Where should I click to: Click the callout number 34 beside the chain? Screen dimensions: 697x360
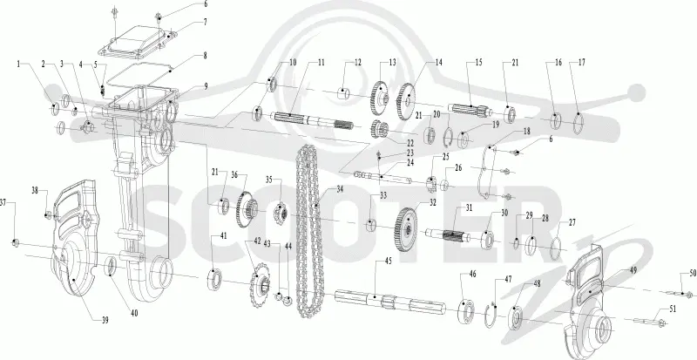tap(340, 189)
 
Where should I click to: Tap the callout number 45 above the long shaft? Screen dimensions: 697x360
tap(388, 261)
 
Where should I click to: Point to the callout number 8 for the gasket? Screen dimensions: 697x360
tap(205, 56)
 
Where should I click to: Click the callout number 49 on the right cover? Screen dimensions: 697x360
tap(633, 270)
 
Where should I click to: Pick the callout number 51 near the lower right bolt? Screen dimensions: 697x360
tap(673, 309)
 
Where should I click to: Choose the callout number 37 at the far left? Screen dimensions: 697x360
tap(3, 203)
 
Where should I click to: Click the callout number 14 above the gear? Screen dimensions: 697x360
tap(439, 63)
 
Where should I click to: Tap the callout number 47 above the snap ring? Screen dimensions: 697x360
tap(508, 280)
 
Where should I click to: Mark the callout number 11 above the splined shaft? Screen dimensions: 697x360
tap(321, 63)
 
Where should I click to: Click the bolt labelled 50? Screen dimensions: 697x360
tap(681, 293)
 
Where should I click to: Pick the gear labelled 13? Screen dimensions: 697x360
tap(379, 98)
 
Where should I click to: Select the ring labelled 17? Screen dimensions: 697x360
tap(578, 123)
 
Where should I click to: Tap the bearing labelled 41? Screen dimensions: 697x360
tap(214, 280)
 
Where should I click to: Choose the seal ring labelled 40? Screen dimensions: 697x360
tap(112, 267)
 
